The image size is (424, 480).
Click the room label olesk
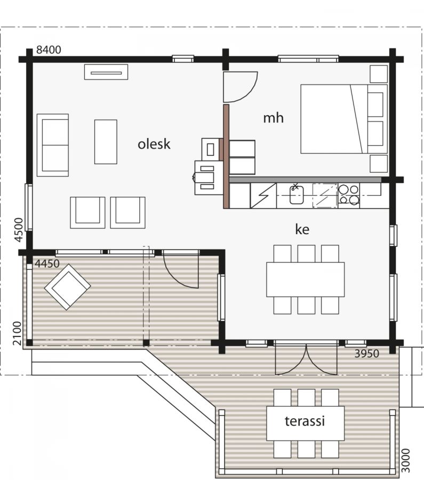[154, 144]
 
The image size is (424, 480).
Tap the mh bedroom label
[274, 118]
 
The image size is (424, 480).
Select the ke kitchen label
[302, 229]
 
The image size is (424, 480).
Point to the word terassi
[305, 421]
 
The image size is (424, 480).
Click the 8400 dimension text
[49, 50]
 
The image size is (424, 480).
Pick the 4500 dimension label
[19, 229]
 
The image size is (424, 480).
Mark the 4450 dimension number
[47, 263]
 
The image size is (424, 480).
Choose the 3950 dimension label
[367, 354]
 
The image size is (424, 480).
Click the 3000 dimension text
[405, 460]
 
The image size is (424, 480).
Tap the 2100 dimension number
[17, 333]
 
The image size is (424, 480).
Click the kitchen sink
[297, 195]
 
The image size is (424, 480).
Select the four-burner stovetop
[349, 195]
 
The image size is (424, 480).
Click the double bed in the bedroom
[344, 119]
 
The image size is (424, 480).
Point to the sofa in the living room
[53, 145]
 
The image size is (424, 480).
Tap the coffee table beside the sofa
[106, 142]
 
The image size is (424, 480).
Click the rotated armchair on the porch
[67, 287]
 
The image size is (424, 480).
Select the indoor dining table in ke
[305, 279]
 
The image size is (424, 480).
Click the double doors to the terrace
[306, 359]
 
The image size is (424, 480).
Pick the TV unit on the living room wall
[106, 72]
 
